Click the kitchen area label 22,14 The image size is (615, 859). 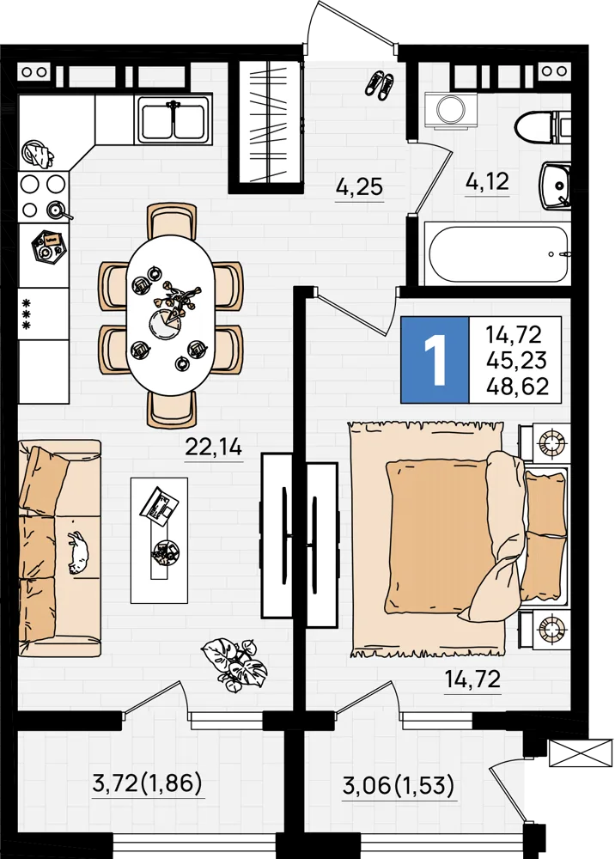(214, 448)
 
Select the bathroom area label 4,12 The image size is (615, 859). (487, 180)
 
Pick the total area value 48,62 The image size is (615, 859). (517, 387)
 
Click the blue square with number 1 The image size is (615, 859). (435, 360)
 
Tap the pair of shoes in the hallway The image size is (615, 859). (380, 85)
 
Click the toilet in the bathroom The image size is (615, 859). (543, 126)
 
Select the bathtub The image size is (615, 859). (498, 253)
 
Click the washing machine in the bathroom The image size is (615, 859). (451, 111)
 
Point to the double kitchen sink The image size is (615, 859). (174, 119)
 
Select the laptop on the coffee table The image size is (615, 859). (159, 506)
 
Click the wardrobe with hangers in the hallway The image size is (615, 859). (266, 122)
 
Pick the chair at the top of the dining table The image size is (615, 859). (172, 222)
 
